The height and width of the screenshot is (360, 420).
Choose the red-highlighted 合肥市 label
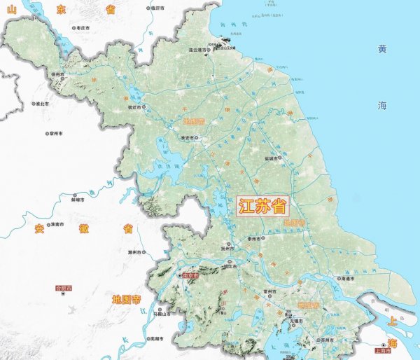(x=64, y=287)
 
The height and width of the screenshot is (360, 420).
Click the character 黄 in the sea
(x=382, y=49)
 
